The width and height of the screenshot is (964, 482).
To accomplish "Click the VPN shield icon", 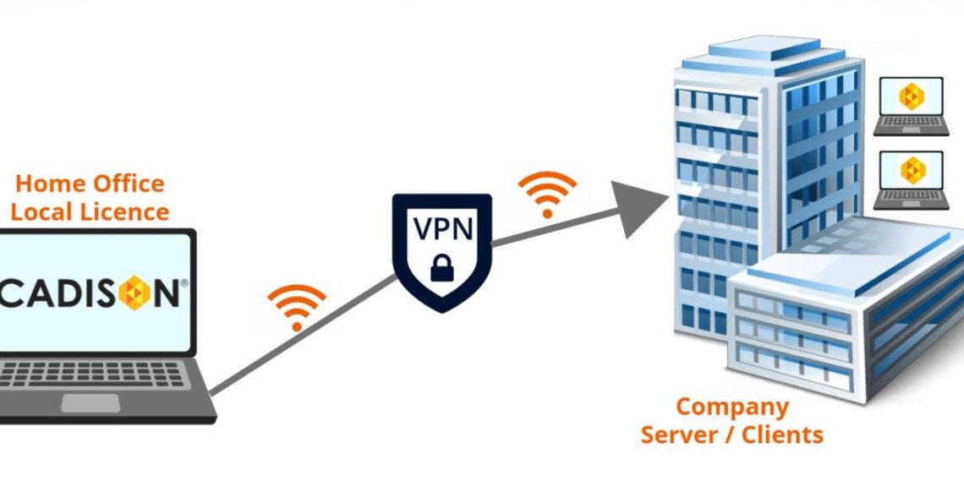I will [x=441, y=252].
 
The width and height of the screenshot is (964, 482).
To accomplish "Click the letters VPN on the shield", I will [x=441, y=229].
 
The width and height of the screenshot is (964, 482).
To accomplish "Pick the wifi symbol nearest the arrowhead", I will [x=547, y=194].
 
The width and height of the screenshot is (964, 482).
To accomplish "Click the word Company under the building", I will [x=731, y=407].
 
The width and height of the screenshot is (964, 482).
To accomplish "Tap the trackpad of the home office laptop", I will [x=90, y=403].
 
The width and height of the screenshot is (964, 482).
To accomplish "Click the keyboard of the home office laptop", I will [x=93, y=375].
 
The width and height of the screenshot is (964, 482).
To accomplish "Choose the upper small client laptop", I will [x=911, y=106].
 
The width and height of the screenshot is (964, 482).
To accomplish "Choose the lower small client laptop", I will [x=911, y=179].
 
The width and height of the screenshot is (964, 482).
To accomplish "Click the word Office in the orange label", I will [x=125, y=183].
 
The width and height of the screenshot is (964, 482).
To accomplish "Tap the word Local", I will [x=42, y=211].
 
